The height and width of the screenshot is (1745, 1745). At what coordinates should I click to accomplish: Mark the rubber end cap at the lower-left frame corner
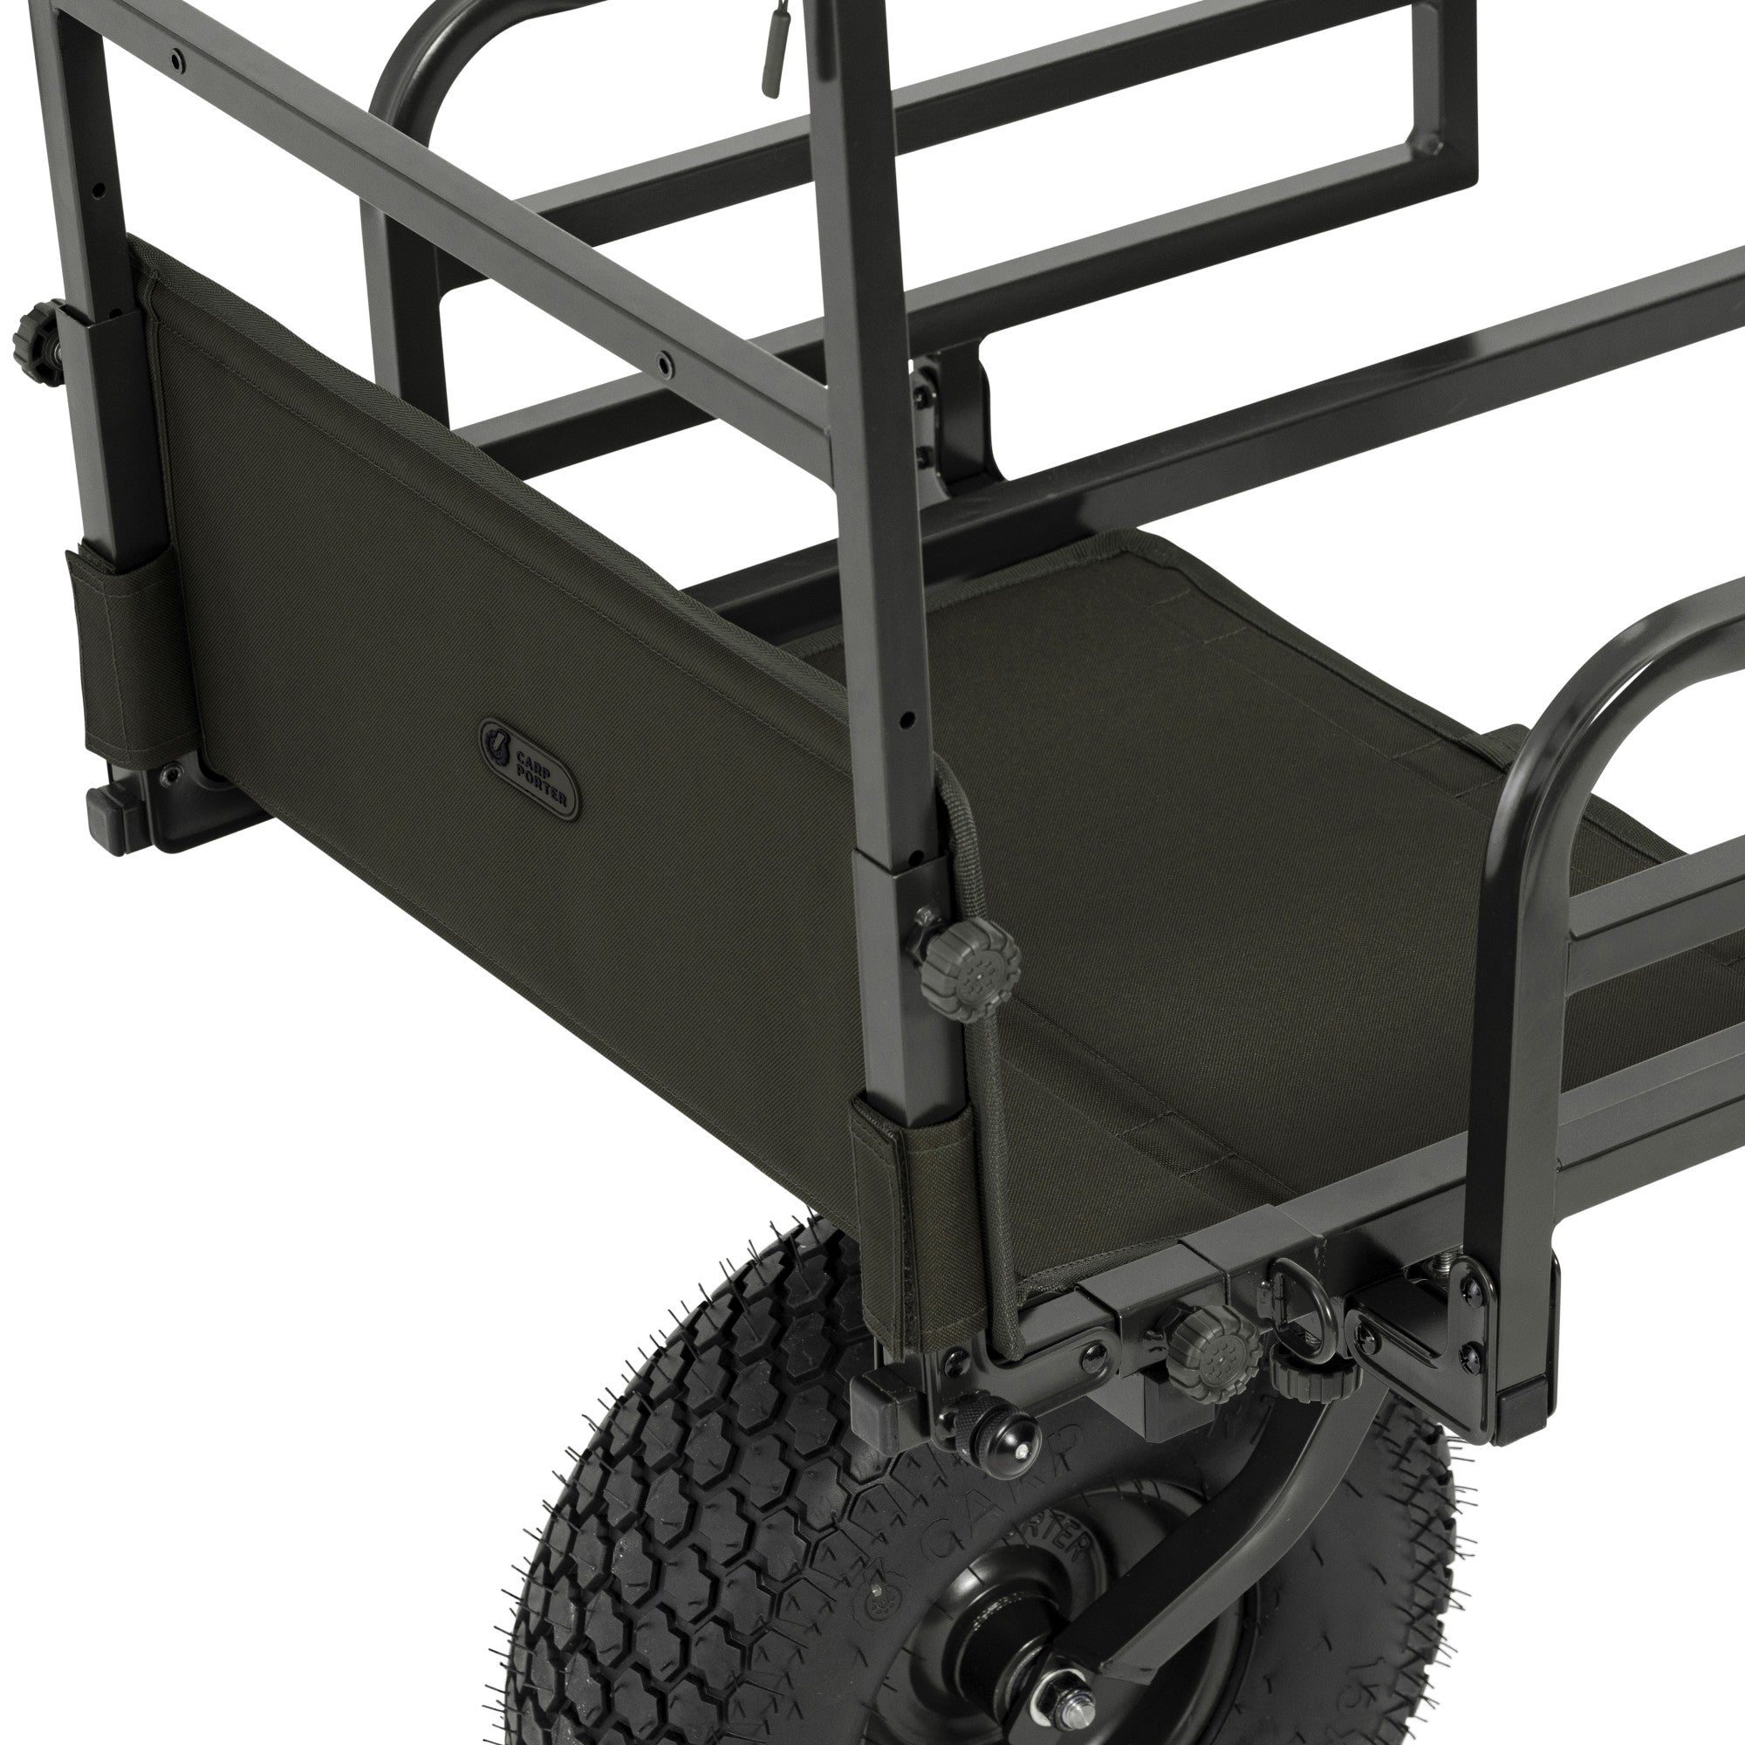[112, 819]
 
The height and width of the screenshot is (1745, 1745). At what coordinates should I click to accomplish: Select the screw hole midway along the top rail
[666, 361]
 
